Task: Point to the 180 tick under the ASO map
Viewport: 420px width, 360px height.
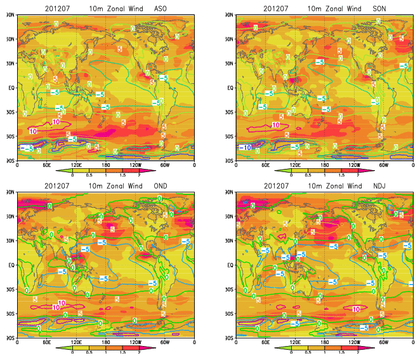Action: (106, 165)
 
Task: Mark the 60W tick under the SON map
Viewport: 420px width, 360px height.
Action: (384, 165)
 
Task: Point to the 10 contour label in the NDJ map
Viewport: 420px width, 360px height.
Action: (357, 309)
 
